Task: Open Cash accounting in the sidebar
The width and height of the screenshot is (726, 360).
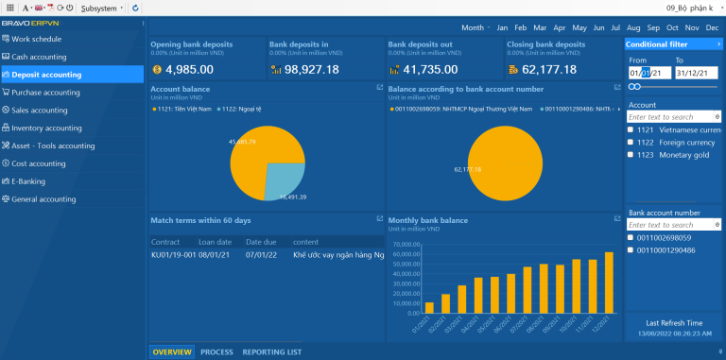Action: point(39,57)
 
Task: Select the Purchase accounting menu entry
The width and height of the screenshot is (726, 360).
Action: point(45,93)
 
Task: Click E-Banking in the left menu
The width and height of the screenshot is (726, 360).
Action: point(30,181)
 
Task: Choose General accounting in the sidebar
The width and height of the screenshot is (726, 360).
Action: point(43,199)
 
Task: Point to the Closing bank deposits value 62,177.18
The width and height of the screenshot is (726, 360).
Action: point(548,69)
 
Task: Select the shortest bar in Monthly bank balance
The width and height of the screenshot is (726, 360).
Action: point(429,307)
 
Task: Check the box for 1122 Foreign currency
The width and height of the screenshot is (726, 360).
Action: point(631,143)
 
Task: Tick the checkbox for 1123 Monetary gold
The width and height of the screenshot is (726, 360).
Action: point(631,155)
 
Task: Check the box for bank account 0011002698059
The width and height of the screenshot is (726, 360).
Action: point(631,238)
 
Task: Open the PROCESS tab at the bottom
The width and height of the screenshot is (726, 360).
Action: point(216,351)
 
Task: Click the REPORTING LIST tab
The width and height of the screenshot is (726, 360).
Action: point(271,351)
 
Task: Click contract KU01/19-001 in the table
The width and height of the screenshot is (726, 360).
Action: point(172,254)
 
